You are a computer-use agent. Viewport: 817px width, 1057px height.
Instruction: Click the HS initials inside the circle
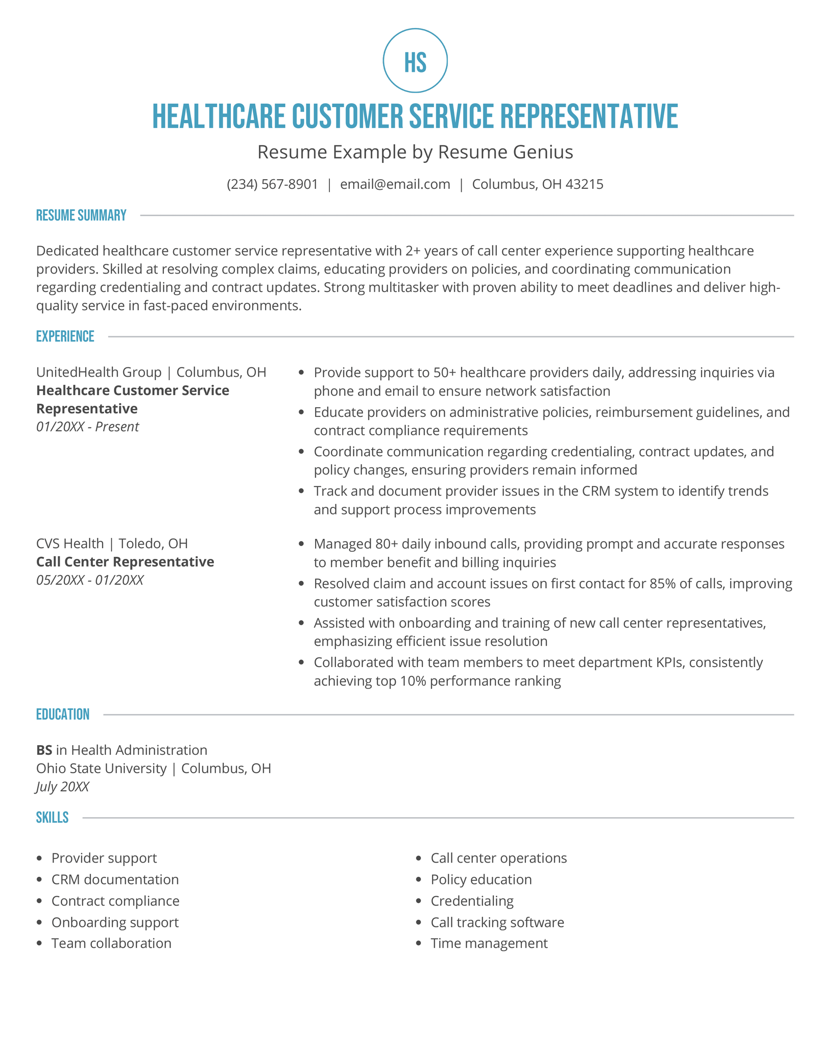(415, 62)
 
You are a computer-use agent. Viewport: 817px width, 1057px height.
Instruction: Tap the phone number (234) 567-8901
(272, 184)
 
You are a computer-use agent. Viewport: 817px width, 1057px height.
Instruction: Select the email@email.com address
(395, 184)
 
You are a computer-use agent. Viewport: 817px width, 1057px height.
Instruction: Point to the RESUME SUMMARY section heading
(81, 215)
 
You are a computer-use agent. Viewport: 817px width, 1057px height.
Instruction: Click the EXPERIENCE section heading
(65, 336)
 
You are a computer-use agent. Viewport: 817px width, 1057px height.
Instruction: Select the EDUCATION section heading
(62, 714)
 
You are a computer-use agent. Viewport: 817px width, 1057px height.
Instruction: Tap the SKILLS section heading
(52, 818)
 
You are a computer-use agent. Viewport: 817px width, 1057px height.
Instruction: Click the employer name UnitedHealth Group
(99, 372)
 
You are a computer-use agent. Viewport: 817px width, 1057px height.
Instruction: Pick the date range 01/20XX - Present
(87, 427)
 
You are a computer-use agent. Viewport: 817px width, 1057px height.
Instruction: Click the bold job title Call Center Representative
(125, 561)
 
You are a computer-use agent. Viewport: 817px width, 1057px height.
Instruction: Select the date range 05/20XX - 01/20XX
(90, 580)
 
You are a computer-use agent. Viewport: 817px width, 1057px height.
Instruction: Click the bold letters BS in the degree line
(44, 750)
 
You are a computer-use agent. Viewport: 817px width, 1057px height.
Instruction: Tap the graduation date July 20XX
(62, 786)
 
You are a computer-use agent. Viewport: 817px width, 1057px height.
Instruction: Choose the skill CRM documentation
(115, 879)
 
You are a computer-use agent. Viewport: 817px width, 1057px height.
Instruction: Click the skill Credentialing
(472, 901)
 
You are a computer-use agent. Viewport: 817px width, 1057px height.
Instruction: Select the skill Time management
(489, 943)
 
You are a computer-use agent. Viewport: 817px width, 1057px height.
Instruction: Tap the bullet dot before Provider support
(40, 858)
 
